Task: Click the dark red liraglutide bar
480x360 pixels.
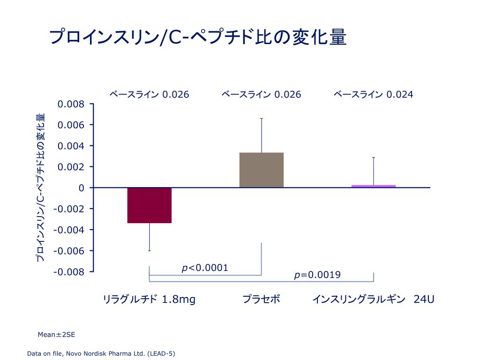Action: click(149, 205)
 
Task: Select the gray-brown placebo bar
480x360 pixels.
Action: click(261, 170)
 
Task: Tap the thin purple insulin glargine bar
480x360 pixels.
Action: click(374, 186)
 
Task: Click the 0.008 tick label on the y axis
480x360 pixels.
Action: click(71, 104)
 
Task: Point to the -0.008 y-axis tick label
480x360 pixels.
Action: click(69, 272)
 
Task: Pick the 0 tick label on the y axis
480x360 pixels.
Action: click(82, 188)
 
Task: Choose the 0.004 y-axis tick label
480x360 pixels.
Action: click(71, 146)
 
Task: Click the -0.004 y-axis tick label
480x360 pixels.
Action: click(69, 230)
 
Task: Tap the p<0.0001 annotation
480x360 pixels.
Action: click(205, 268)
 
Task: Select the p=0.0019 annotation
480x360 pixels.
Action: click(317, 275)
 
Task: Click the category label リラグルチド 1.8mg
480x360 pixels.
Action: click(149, 299)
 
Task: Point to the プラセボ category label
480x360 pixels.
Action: click(261, 299)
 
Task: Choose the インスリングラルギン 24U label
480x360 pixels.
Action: click(373, 299)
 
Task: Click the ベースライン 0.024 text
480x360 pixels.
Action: click(373, 95)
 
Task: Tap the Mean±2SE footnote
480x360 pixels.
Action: click(56, 335)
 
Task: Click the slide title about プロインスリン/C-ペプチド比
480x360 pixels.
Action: click(198, 37)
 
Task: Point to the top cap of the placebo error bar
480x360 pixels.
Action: click(261, 119)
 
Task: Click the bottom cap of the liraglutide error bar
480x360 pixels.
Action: click(149, 251)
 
